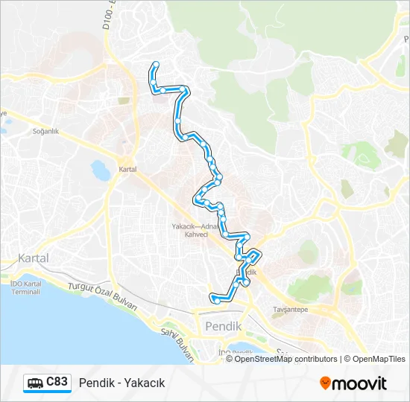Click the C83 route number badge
(x=57, y=383)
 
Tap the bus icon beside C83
(x=35, y=383)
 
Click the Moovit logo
(x=353, y=383)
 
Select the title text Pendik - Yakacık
(x=122, y=383)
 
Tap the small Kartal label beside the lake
(x=127, y=170)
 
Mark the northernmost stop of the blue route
(x=156, y=64)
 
